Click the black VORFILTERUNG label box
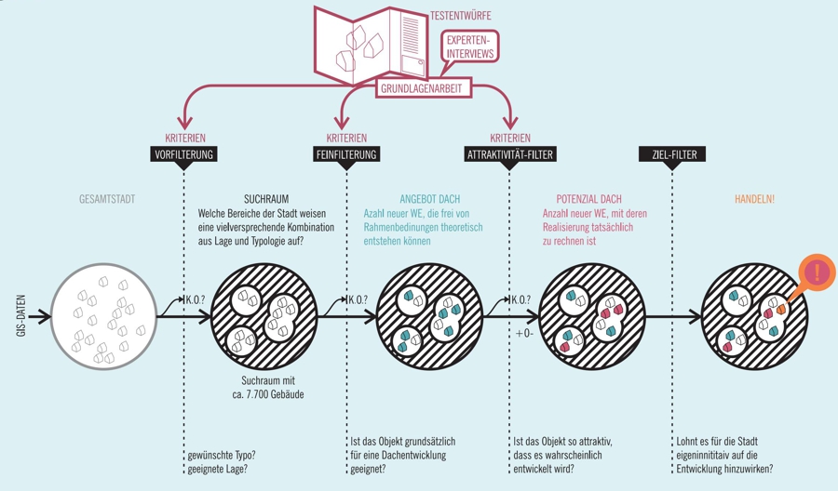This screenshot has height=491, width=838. pyautogui.click(x=183, y=154)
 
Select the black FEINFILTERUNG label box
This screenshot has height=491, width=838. pyautogui.click(x=346, y=154)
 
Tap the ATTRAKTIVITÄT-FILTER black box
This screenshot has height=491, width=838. pyautogui.click(x=510, y=154)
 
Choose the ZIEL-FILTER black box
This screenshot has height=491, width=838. pyautogui.click(x=670, y=154)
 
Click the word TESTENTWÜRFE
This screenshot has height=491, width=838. pyautogui.click(x=461, y=17)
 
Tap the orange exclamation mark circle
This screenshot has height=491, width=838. pyautogui.click(x=818, y=272)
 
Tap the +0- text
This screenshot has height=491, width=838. pyautogui.click(x=524, y=333)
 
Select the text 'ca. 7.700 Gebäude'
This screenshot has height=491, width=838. pyautogui.click(x=267, y=394)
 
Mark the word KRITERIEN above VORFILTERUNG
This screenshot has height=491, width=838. pyautogui.click(x=185, y=139)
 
